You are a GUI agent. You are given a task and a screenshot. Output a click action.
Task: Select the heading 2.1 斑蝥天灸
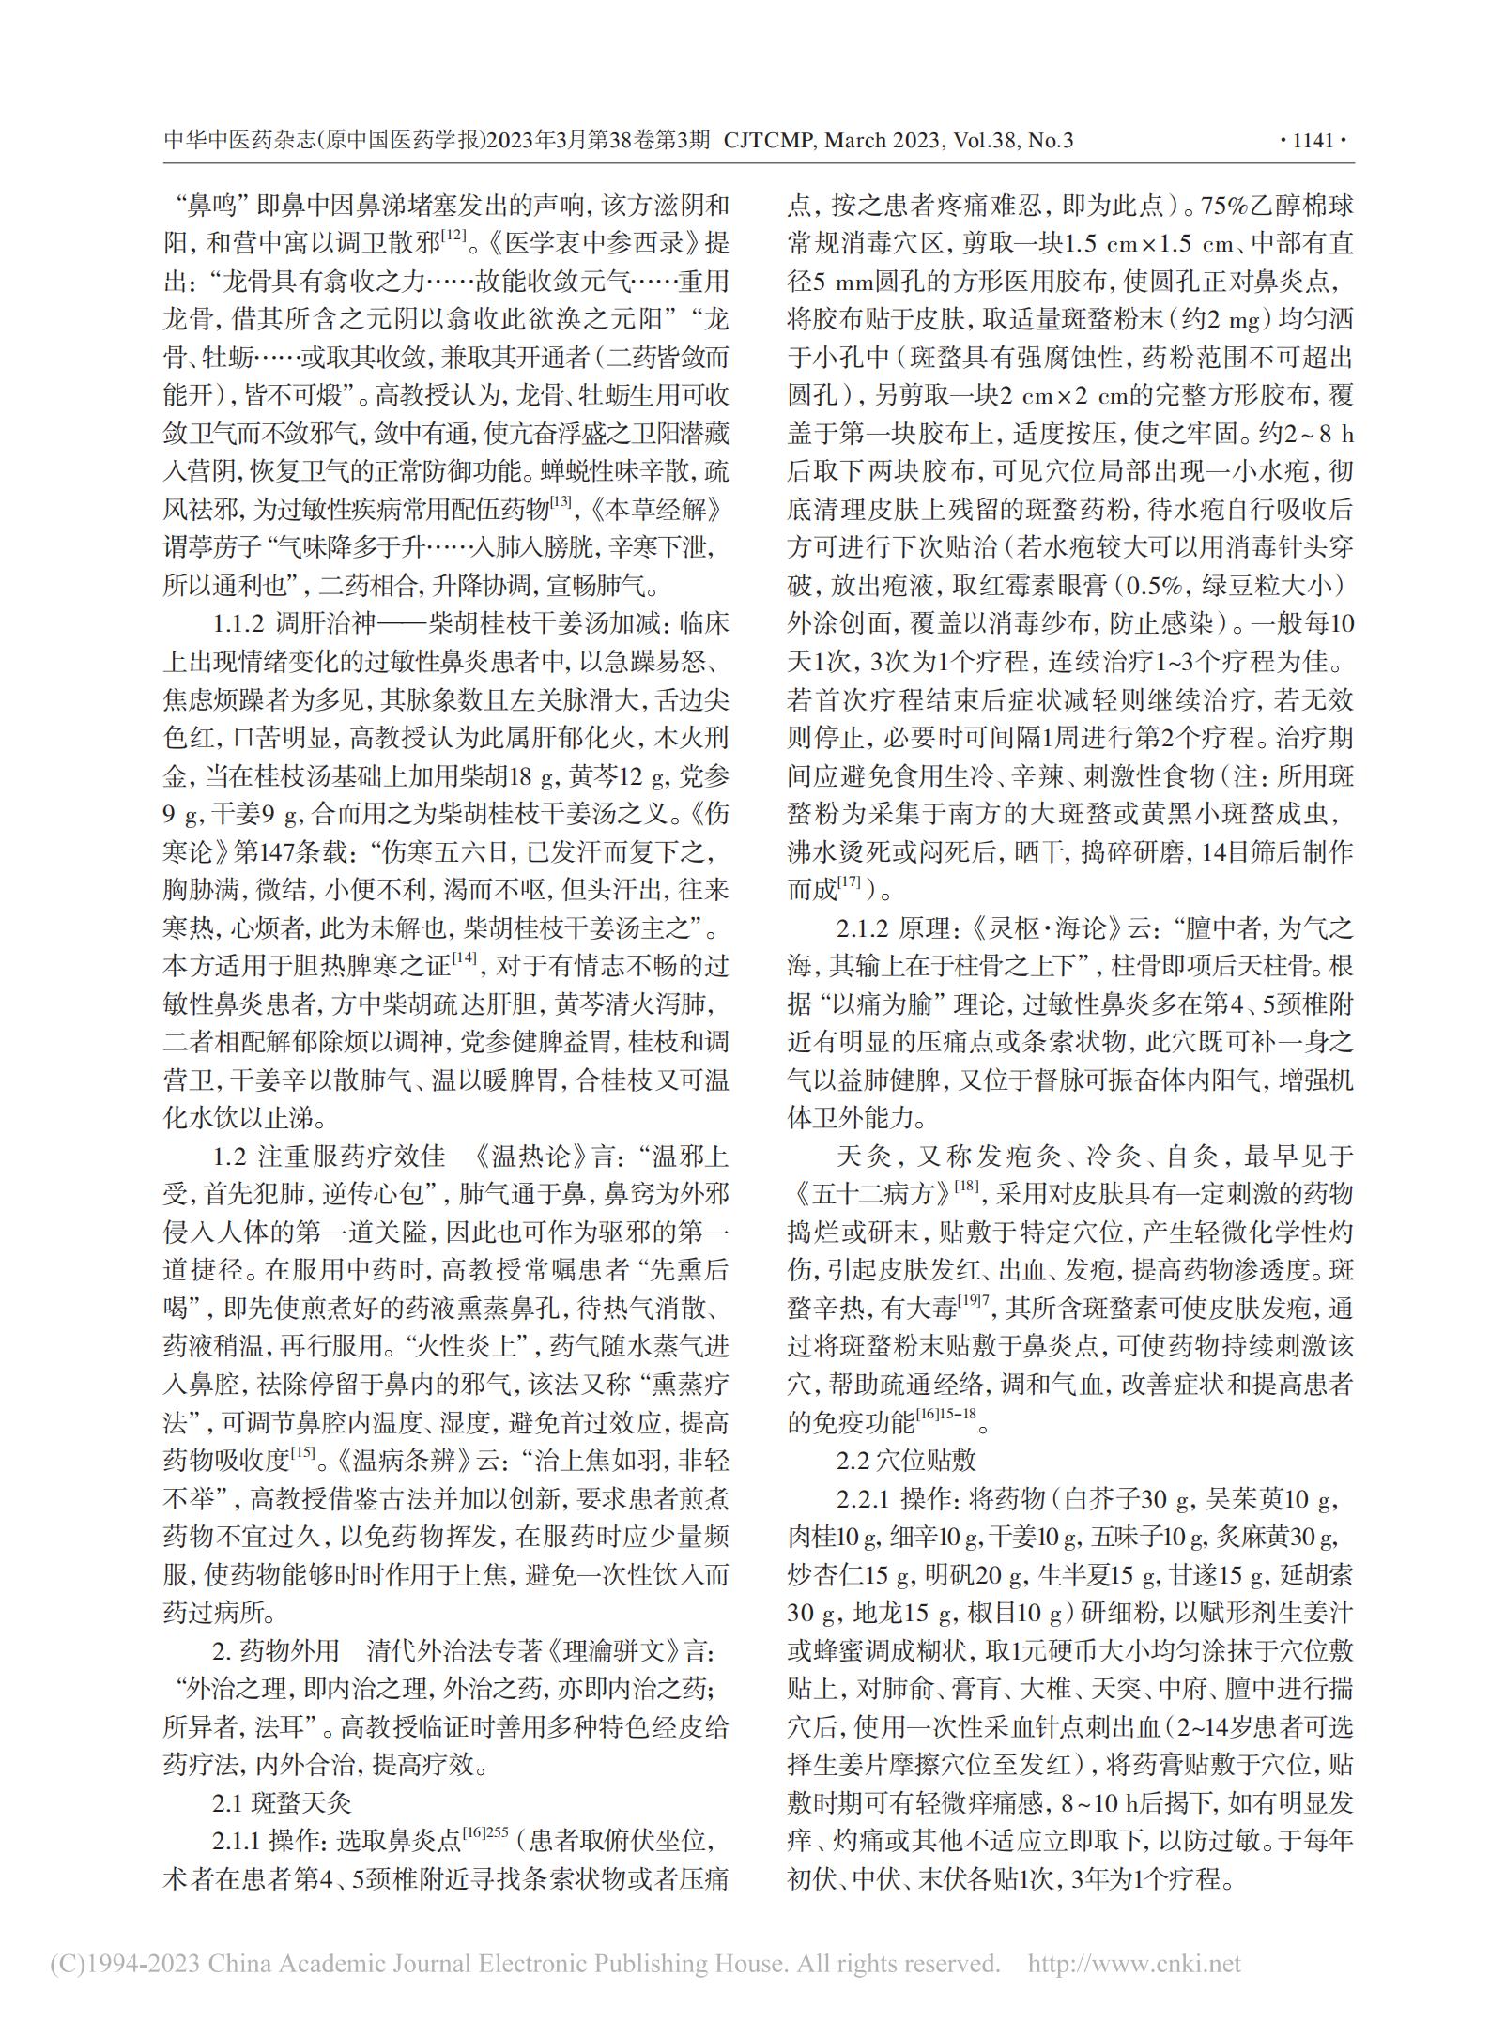coord(282,1803)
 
